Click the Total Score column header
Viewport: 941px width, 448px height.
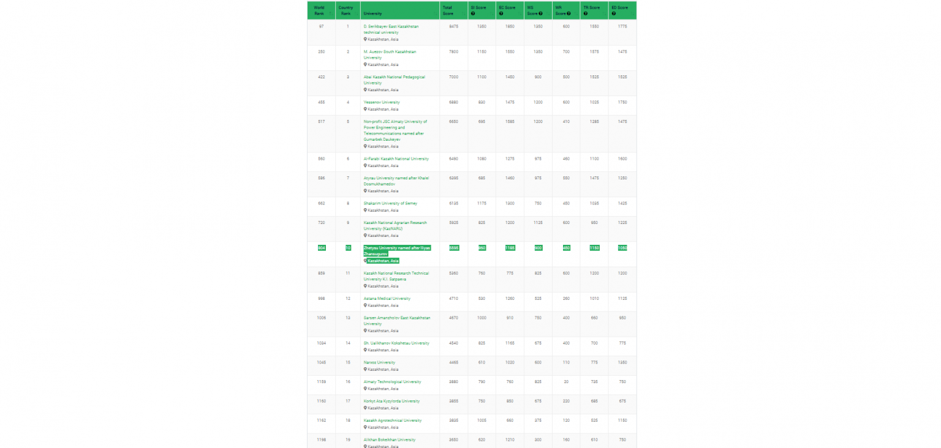447,10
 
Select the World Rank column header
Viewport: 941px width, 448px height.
319,10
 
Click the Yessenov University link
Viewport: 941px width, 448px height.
382,102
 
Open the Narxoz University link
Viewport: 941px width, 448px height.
379,362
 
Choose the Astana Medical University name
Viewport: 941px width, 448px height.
387,299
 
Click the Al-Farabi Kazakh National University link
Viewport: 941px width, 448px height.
396,159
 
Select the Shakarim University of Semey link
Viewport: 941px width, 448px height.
390,203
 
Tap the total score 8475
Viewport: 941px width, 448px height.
453,26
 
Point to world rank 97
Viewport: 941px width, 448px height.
322,26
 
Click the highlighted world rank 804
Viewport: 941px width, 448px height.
322,248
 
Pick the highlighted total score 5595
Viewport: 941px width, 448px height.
453,248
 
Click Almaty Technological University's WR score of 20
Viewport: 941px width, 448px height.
566,381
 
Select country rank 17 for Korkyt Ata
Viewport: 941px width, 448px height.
348,401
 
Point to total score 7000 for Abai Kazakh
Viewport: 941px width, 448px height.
453,77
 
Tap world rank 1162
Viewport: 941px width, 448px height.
322,420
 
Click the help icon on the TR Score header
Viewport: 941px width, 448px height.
586,13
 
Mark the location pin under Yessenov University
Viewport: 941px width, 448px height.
365,109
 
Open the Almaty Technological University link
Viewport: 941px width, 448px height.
392,381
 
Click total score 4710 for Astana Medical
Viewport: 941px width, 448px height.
453,299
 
